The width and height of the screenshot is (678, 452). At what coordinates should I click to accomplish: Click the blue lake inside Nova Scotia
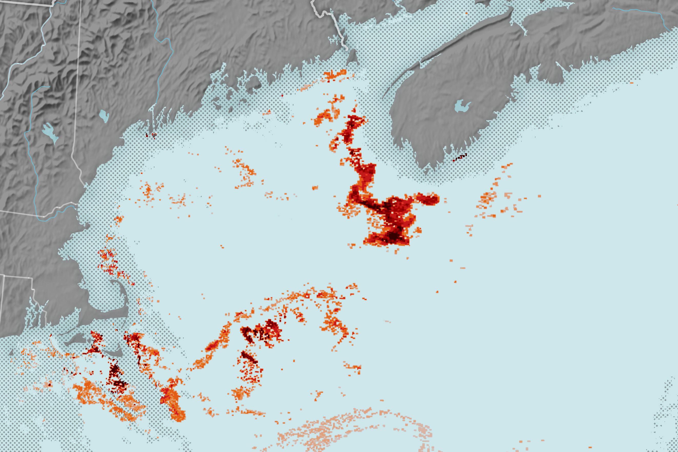(x=462, y=106)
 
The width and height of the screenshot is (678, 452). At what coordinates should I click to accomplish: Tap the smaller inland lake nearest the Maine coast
(x=104, y=116)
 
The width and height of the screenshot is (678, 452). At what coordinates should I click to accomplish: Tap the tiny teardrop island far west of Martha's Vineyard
(x=12, y=353)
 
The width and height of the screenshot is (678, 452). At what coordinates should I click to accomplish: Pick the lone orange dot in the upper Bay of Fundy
(x=467, y=13)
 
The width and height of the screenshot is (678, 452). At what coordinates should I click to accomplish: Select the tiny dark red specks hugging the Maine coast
(x=151, y=135)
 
